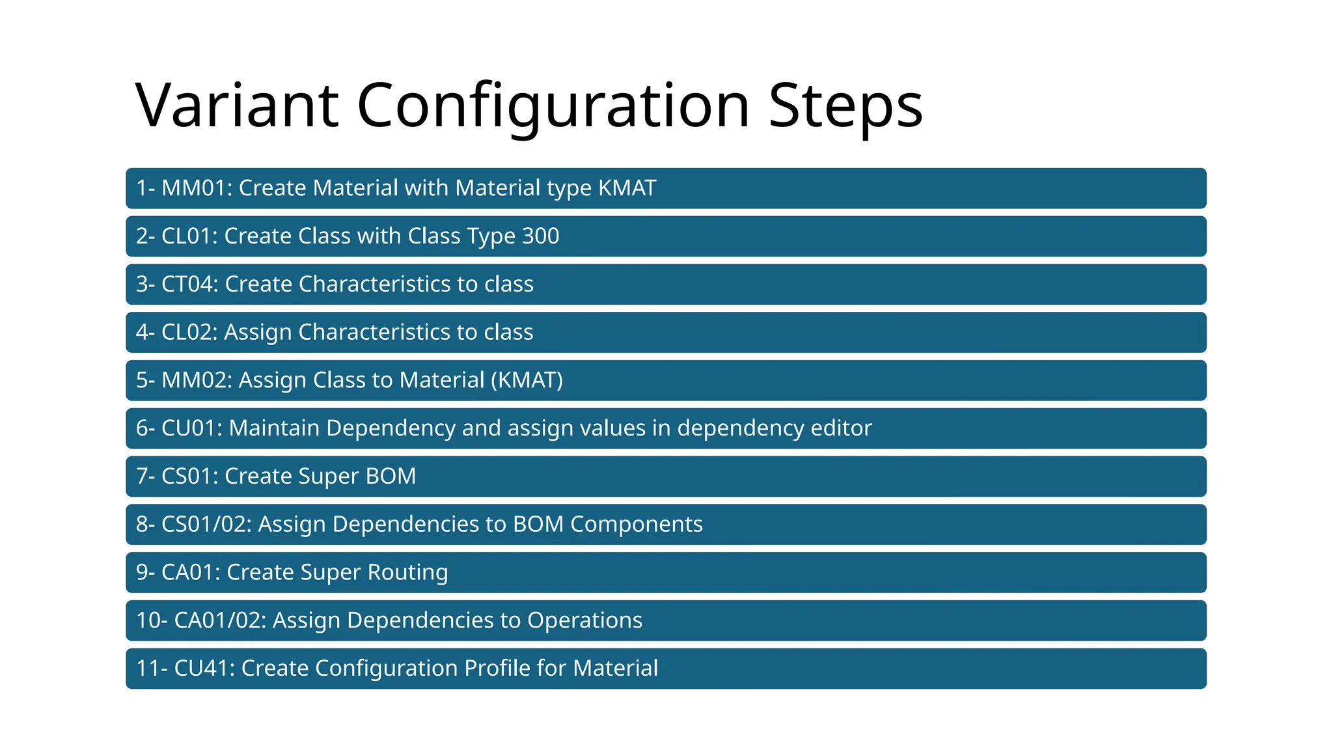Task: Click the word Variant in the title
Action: pyautogui.click(x=236, y=105)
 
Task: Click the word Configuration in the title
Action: pyautogui.click(x=553, y=105)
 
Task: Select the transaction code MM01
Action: pyautogui.click(x=195, y=188)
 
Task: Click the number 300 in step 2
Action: pyautogui.click(x=540, y=236)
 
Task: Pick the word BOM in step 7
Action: pyautogui.click(x=391, y=477)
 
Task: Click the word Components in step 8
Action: pyautogui.click(x=636, y=524)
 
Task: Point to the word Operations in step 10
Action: pyautogui.click(x=584, y=620)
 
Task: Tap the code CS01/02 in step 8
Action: pyautogui.click(x=206, y=524)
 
